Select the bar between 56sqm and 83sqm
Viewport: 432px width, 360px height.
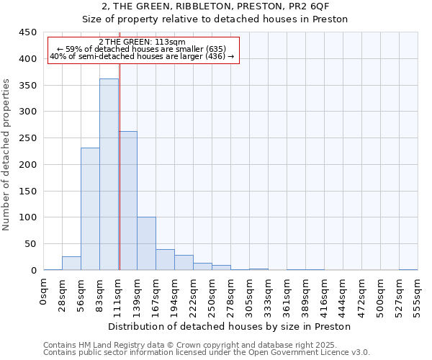90,209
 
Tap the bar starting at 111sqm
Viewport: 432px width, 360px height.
128,201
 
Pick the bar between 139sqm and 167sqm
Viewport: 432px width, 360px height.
146,243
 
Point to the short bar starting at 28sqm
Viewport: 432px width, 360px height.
71,264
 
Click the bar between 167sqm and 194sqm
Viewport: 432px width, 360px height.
165,260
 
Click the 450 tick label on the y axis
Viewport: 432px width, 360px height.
27,32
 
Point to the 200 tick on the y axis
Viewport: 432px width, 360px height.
27,165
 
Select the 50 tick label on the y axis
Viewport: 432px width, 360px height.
30,244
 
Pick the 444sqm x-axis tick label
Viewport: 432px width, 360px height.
324,294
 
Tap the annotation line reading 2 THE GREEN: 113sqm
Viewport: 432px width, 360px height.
142,42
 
